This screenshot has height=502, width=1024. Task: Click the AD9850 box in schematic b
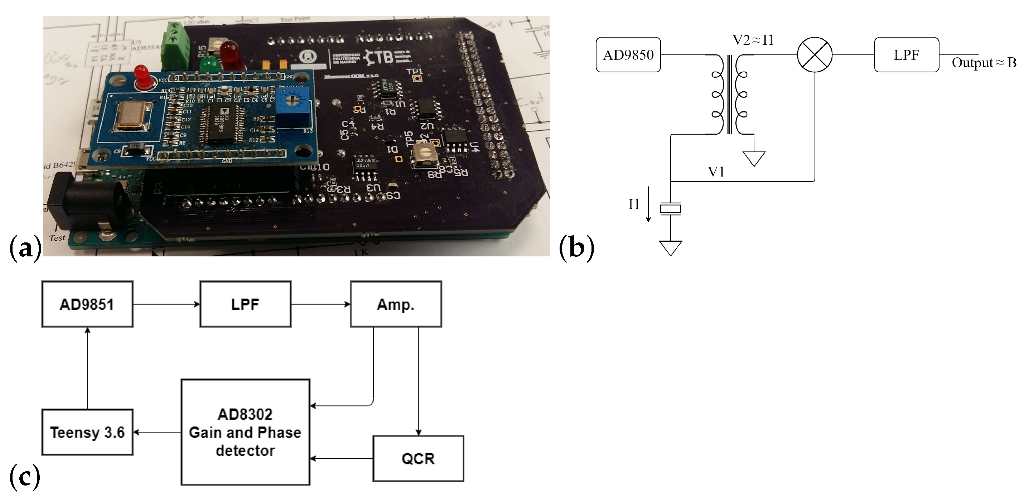(628, 55)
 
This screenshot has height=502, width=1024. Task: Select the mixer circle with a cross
(815, 55)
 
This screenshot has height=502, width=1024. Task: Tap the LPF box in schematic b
(906, 55)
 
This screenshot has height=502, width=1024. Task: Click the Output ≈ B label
(984, 63)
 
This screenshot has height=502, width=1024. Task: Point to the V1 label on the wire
(716, 172)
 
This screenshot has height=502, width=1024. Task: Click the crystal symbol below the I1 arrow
(670, 209)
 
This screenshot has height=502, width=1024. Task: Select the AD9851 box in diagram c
(87, 304)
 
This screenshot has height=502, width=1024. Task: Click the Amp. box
(396, 304)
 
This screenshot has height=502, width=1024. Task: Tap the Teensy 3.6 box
(87, 432)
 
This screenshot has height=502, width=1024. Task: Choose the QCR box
(418, 459)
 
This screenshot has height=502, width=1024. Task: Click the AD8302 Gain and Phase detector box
(245, 432)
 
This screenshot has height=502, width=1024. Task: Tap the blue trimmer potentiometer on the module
(289, 108)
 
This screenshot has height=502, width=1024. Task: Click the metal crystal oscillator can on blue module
(131, 115)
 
